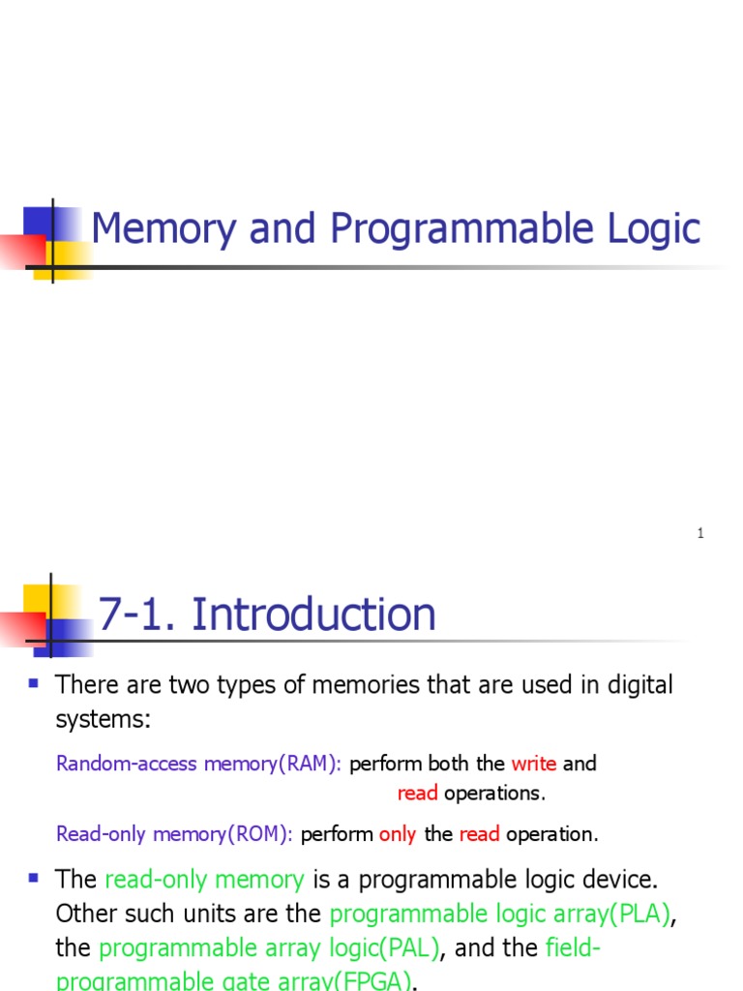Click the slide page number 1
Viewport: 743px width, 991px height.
tap(700, 533)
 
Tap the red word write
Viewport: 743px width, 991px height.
tap(534, 764)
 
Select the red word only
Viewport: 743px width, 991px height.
tap(398, 834)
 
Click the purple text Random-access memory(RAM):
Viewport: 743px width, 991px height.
tap(199, 764)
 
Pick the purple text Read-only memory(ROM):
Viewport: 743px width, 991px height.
tap(175, 834)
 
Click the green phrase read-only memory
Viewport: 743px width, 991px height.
tap(204, 880)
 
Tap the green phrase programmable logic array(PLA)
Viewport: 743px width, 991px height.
tap(499, 915)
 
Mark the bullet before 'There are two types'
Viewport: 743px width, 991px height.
tap(34, 683)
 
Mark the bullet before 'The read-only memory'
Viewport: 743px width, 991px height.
tap(34, 878)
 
